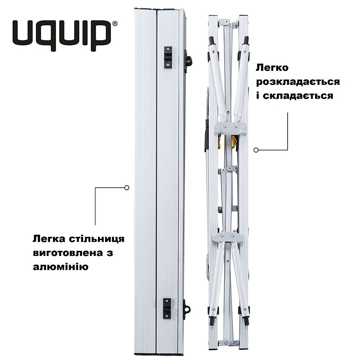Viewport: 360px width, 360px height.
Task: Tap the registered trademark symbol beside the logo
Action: [115, 24]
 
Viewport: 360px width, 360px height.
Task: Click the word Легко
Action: [273, 68]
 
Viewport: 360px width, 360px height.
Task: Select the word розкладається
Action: [298, 82]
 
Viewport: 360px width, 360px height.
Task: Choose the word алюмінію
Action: [60, 267]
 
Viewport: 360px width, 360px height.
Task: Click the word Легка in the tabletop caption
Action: [47, 239]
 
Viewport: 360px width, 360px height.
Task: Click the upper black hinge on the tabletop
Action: [168, 57]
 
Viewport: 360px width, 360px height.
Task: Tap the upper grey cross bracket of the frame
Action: [230, 127]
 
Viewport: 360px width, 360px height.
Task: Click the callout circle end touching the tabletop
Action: [126, 187]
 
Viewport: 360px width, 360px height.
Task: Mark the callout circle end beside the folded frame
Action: [256, 149]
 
